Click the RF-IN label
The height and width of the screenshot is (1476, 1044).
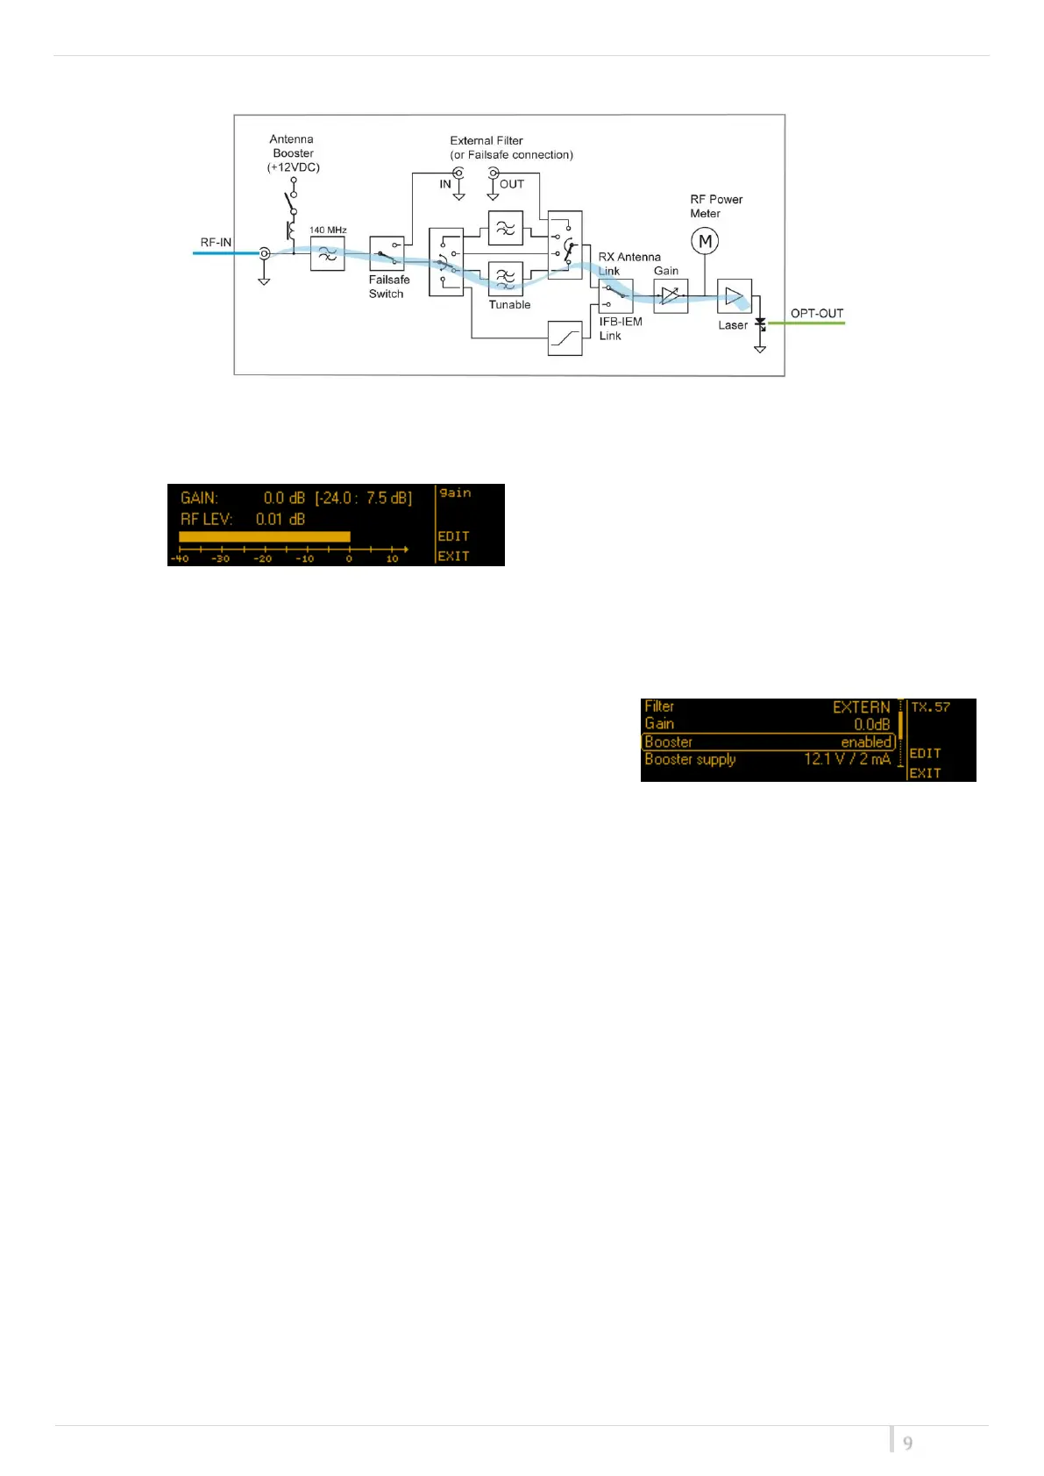pyautogui.click(x=216, y=243)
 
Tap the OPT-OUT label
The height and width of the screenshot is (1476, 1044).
pyautogui.click(x=816, y=313)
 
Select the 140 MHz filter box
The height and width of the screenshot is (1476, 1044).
pyautogui.click(x=327, y=253)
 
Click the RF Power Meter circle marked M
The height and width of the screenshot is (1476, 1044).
pyautogui.click(x=705, y=240)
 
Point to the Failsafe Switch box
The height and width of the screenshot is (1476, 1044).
pyautogui.click(x=387, y=253)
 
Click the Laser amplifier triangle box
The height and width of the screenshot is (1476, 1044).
pyautogui.click(x=734, y=296)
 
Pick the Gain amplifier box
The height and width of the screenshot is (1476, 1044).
pyautogui.click(x=671, y=296)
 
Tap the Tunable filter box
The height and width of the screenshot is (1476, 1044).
pyautogui.click(x=506, y=278)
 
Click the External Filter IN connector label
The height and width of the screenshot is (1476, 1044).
pyautogui.click(x=445, y=184)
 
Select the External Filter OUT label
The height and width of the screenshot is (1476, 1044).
pyautogui.click(x=512, y=184)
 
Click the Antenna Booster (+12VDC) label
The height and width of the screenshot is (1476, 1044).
pyautogui.click(x=293, y=153)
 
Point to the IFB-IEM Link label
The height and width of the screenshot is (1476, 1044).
pyautogui.click(x=621, y=329)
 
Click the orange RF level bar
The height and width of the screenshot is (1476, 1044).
pyautogui.click(x=264, y=536)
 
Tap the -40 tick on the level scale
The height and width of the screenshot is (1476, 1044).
pyautogui.click(x=180, y=558)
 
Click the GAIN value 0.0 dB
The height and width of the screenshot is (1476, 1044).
pyautogui.click(x=284, y=498)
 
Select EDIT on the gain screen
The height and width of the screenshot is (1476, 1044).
pyautogui.click(x=453, y=536)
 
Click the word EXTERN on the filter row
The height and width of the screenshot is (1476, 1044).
pyautogui.click(x=861, y=707)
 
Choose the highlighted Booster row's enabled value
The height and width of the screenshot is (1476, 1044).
pyautogui.click(x=866, y=742)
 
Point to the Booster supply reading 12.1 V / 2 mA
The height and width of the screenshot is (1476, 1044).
pyautogui.click(x=847, y=759)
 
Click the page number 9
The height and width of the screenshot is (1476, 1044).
pyautogui.click(x=907, y=1443)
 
